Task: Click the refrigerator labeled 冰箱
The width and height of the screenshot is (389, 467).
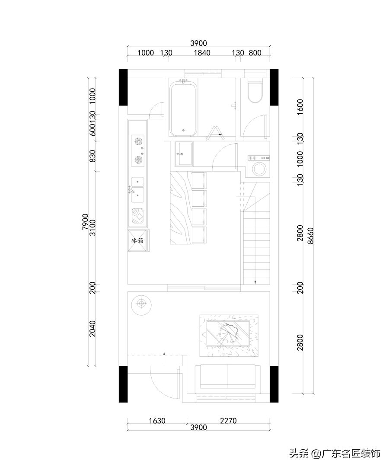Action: point(138,240)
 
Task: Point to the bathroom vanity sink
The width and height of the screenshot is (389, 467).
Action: point(184,153)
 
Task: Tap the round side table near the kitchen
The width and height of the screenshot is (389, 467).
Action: point(141,304)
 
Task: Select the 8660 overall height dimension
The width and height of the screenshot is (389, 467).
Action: point(311,236)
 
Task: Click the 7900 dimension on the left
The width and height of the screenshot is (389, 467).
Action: point(86,222)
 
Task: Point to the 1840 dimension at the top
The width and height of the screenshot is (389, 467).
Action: point(202,53)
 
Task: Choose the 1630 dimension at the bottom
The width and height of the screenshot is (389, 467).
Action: point(157,421)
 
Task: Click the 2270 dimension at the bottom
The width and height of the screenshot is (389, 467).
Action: point(228,421)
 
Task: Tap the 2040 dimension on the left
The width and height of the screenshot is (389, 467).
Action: point(93,329)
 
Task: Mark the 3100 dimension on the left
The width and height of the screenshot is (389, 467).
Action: point(93,227)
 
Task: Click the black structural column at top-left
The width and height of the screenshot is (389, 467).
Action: point(123,87)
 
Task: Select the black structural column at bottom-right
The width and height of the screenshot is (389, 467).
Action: point(274,384)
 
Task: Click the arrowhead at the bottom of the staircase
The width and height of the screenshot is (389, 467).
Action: point(255,282)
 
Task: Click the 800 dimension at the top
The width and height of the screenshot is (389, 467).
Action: point(255,53)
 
